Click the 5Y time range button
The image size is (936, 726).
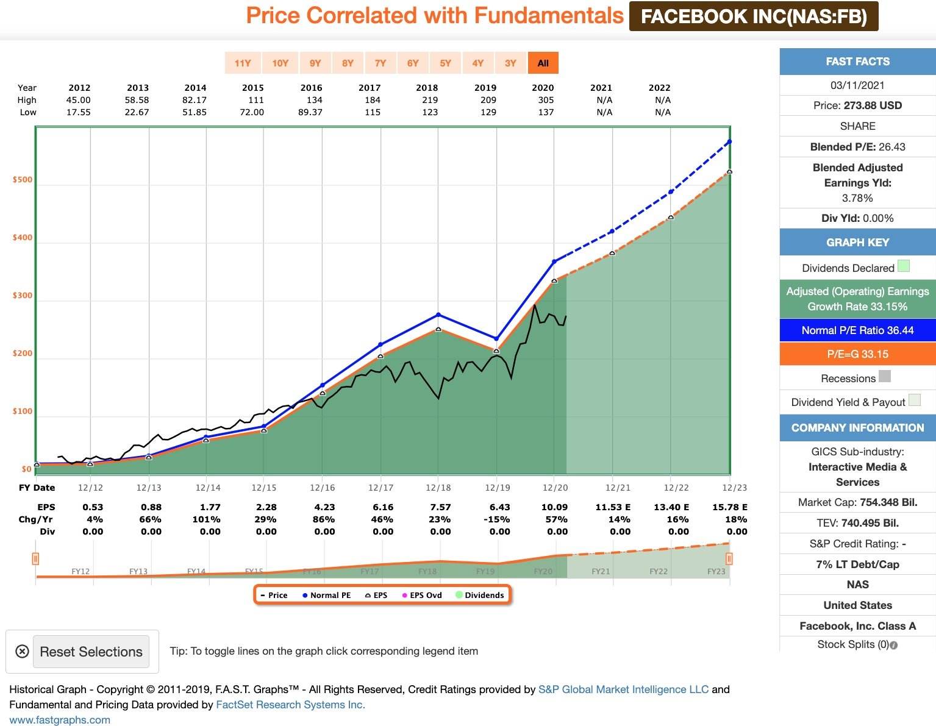(445, 63)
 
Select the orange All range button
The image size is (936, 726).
(543, 63)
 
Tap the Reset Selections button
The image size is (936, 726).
(91, 652)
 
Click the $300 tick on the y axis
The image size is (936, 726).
(23, 296)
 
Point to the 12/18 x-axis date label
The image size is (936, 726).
(438, 488)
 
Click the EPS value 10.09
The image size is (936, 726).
(554, 507)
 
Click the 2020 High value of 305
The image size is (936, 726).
(546, 100)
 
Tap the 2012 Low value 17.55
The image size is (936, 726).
(79, 112)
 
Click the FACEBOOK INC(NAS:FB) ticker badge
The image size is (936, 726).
(754, 16)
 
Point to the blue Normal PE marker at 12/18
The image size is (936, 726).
(438, 315)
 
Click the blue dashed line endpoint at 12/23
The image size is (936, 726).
(729, 142)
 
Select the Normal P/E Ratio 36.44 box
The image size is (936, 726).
(857, 330)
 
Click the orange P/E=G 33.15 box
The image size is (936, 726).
(857, 354)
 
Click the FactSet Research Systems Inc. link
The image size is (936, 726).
(290, 705)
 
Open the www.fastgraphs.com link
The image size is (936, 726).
(60, 720)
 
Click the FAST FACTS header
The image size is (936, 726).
(857, 62)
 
